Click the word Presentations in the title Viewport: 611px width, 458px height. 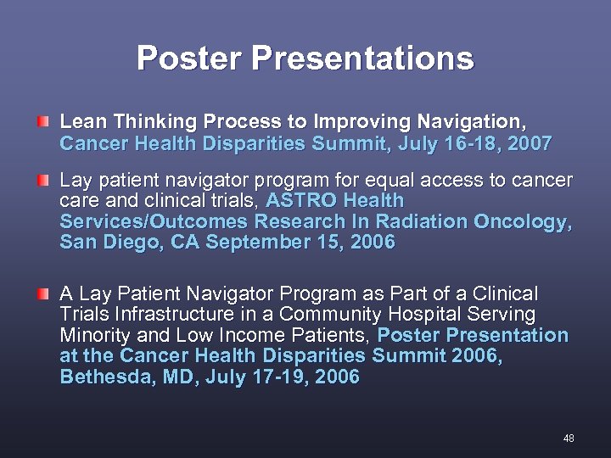tap(362, 59)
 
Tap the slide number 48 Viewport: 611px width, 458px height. tap(569, 438)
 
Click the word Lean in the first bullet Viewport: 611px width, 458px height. tap(81, 123)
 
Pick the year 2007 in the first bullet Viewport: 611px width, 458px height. tap(530, 143)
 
